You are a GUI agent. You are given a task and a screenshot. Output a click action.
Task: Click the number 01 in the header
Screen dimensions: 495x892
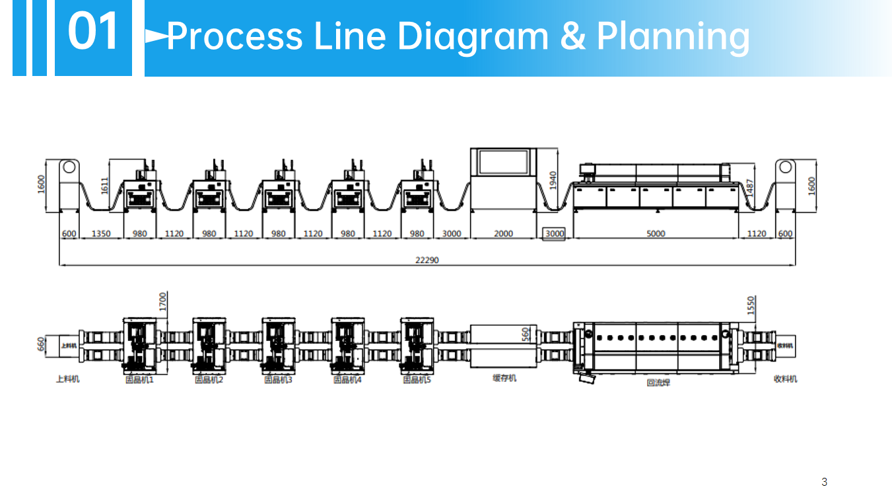pos(93,32)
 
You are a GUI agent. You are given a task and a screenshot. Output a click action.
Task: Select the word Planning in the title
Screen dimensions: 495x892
pos(673,36)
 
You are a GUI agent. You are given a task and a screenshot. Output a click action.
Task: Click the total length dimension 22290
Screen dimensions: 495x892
pos(427,260)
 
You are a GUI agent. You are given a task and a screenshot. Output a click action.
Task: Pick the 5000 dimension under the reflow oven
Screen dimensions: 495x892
pos(656,233)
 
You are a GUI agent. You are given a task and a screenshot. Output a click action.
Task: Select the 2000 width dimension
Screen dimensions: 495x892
pos(503,233)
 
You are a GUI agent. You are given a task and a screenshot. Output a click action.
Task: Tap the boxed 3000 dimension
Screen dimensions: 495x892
pos(554,233)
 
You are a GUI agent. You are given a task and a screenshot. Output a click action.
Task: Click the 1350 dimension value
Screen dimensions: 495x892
pos(101,233)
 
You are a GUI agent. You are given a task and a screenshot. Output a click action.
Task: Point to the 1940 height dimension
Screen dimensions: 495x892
pos(553,180)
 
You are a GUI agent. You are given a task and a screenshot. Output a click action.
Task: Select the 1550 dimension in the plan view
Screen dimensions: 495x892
pos(750,305)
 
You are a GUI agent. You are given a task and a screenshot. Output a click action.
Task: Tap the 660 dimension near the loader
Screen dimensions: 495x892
pos(41,345)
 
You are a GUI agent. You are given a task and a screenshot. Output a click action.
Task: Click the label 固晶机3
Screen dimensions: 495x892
pos(278,379)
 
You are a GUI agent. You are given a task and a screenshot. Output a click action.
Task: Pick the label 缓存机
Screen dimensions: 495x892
pos(504,378)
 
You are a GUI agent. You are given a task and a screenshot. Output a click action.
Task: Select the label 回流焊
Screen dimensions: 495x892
pos(658,382)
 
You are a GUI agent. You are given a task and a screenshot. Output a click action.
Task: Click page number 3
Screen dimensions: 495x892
pos(824,482)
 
